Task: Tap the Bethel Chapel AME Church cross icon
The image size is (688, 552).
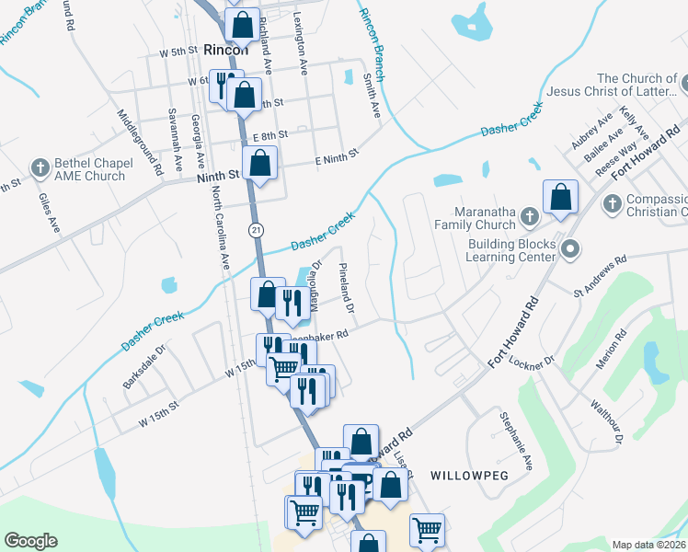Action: tap(39, 168)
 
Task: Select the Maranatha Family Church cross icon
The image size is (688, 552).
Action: tap(529, 216)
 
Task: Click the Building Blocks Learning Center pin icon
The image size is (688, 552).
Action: tap(570, 249)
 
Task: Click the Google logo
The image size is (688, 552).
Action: tap(30, 541)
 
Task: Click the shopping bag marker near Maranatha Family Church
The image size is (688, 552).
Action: tap(560, 197)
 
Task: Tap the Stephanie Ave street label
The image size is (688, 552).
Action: tap(516, 441)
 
